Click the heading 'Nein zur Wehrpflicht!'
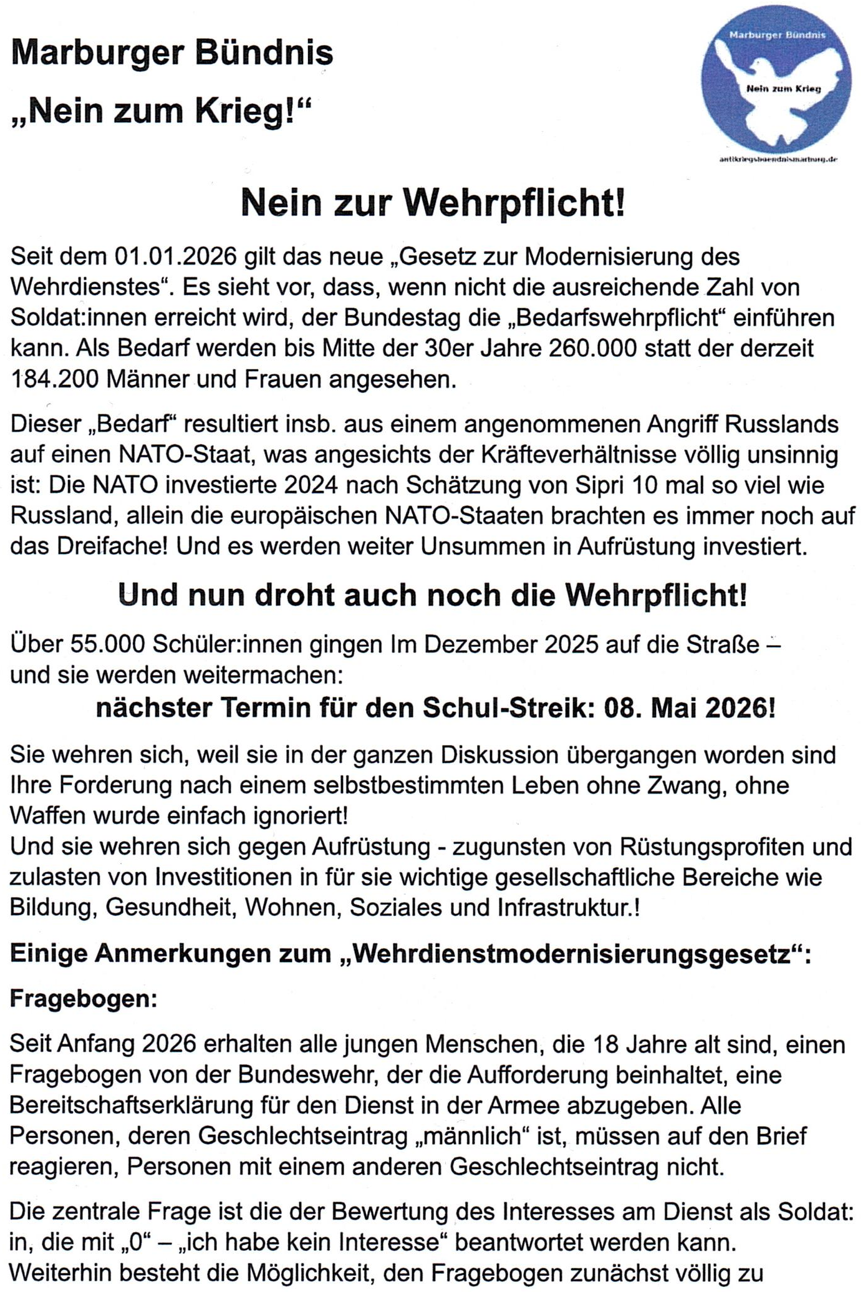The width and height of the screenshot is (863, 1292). point(432,203)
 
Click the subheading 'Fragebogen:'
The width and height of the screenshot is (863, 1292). point(84,999)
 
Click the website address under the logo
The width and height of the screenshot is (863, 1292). point(778,160)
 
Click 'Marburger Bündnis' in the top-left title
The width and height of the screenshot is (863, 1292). point(172,54)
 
